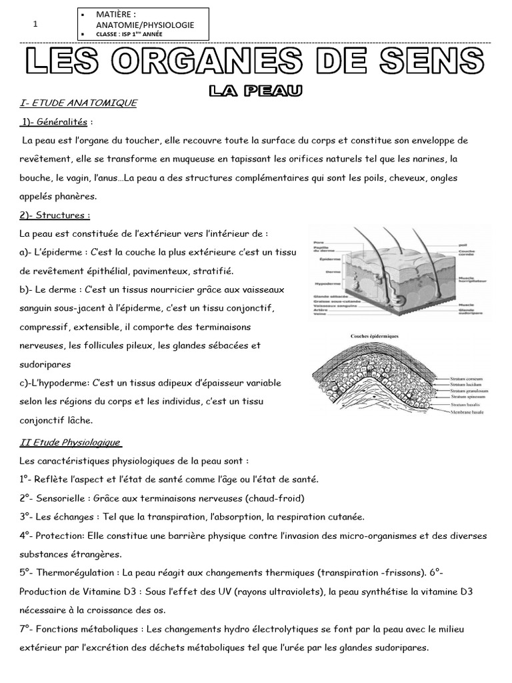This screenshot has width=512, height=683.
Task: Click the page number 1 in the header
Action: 35,24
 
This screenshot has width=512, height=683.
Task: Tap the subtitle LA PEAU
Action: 255,90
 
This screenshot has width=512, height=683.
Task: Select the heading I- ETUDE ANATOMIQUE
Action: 79,103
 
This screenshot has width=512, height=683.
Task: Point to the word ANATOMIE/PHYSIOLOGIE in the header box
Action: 145,25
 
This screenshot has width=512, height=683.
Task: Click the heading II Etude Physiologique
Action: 70,442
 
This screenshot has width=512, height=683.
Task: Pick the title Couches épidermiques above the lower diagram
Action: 375,336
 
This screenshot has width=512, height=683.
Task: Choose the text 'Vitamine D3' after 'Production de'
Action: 97,592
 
